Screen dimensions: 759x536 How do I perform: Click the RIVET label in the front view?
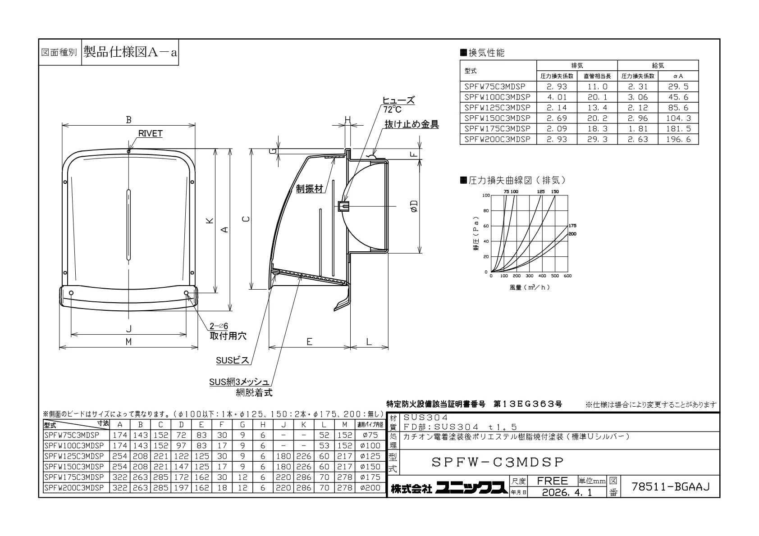tap(150, 133)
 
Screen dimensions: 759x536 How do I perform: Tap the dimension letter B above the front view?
tap(128, 119)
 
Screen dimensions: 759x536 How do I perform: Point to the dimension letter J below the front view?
tap(128, 328)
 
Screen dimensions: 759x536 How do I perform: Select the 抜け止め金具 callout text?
tap(412, 124)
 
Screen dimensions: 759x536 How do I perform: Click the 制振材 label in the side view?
tap(310, 189)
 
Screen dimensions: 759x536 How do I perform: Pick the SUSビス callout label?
tap(233, 360)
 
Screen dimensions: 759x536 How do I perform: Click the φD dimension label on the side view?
tap(414, 206)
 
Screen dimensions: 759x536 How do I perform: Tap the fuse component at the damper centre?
tap(343, 206)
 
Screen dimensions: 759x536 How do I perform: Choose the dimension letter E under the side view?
tap(309, 342)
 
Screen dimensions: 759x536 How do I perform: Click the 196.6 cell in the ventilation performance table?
tap(678, 139)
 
